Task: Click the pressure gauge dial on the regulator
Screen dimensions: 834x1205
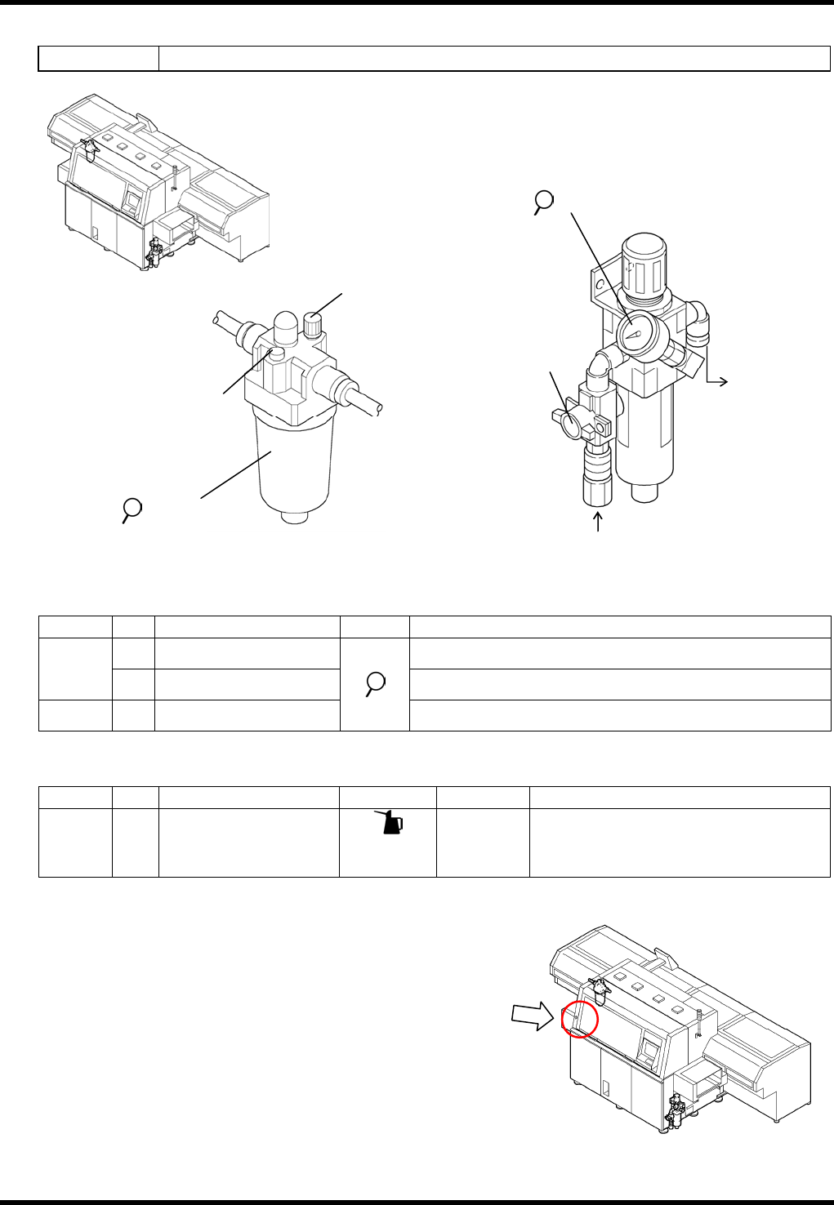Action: [633, 332]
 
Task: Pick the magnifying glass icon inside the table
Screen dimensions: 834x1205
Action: [375, 682]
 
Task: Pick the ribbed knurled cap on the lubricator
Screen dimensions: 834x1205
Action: [314, 325]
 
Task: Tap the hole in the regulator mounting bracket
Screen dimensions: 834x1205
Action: [600, 286]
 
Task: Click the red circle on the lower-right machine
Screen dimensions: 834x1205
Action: [580, 1019]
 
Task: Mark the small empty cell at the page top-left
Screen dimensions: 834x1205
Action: [98, 59]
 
